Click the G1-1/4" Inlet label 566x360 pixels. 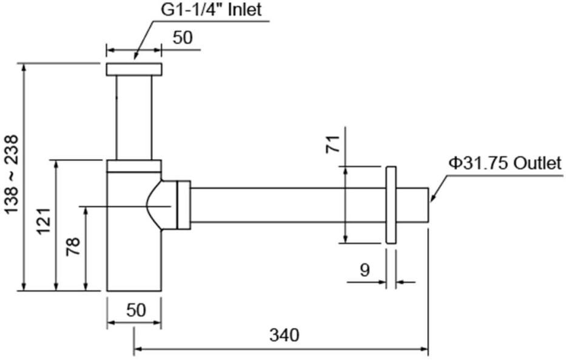pyautogui.click(x=211, y=10)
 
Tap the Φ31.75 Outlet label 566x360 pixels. pyautogui.click(x=505, y=163)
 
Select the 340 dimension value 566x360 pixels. pyautogui.click(x=285, y=335)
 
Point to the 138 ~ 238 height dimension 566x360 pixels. pyautogui.click(x=12, y=174)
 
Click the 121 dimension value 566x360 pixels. pyautogui.click(x=44, y=222)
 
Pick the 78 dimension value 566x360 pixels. pyautogui.click(x=73, y=246)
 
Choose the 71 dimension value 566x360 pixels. pyautogui.click(x=333, y=144)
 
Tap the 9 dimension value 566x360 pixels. pyautogui.click(x=365, y=270)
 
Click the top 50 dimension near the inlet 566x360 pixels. pyautogui.click(x=183, y=38)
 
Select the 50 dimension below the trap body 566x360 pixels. pyautogui.click(x=136, y=310)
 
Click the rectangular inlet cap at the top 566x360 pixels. pyautogui.click(x=134, y=69)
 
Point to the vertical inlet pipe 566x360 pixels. pyautogui.click(x=134, y=118)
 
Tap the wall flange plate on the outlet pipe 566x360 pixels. pyautogui.click(x=391, y=205)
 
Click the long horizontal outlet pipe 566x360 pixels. pyautogui.click(x=288, y=205)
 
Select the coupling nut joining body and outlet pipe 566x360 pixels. pyautogui.click(x=184, y=205)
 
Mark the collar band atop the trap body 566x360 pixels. pyautogui.click(x=134, y=166)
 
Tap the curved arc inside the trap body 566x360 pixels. pyautogui.click(x=153, y=205)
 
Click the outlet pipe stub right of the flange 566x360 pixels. pyautogui.click(x=413, y=205)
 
